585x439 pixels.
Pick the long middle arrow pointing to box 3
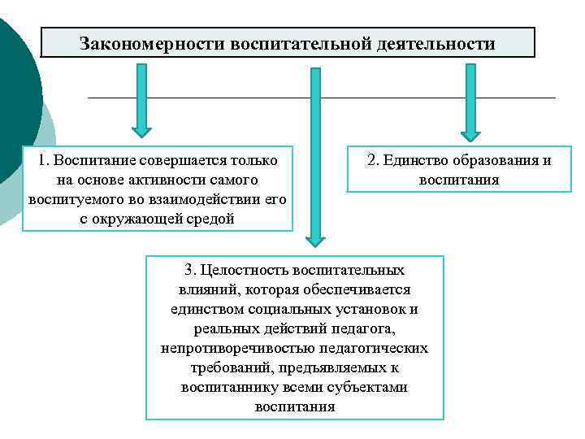315,154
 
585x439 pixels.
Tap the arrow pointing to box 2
470,102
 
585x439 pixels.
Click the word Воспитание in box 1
94,160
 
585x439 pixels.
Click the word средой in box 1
212,218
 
